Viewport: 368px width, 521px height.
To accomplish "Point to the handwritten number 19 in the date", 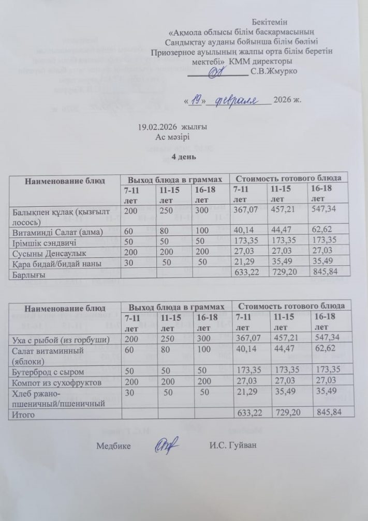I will click(196, 100).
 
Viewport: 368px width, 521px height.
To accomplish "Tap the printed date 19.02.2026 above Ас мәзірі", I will click(155, 128).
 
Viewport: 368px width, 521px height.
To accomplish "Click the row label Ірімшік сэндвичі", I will click(44, 240).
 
